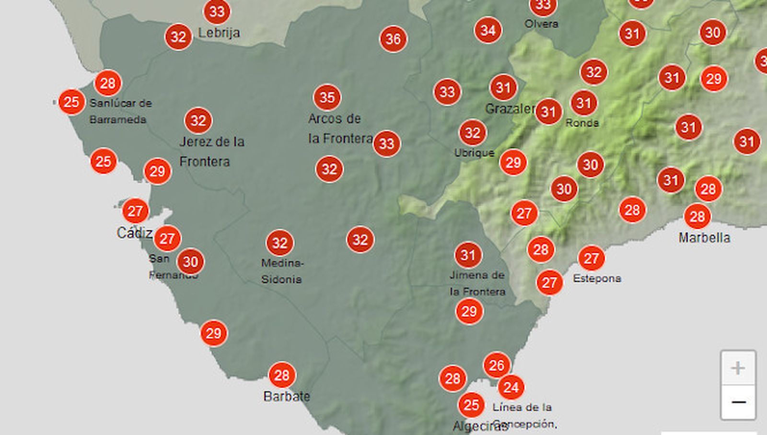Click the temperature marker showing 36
[393, 39]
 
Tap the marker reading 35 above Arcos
[327, 97]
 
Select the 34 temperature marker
[488, 30]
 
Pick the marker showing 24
[511, 387]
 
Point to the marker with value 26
[497, 366]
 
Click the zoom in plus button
[738, 368]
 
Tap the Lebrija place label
[219, 33]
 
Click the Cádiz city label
[134, 233]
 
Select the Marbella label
[704, 238]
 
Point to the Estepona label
[597, 278]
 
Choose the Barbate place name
[287, 396]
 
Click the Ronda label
[582, 123]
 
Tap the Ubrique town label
[474, 153]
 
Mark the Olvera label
[541, 24]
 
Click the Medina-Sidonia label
[282, 271]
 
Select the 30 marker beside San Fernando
[190, 261]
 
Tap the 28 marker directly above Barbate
[282, 375]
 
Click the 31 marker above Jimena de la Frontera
[468, 255]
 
